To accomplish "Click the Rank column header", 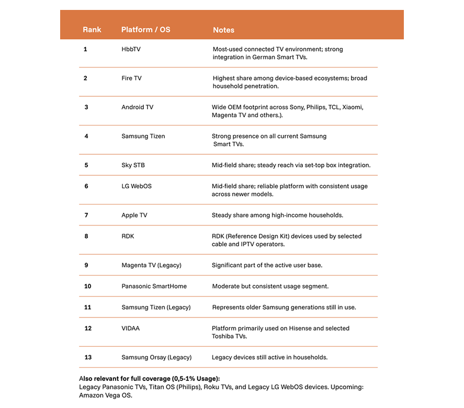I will coord(92,30).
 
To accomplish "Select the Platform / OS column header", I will coord(145,30).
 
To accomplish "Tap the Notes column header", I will coord(223,30).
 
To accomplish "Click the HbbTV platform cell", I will coord(131,49).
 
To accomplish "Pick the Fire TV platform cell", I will coord(131,78).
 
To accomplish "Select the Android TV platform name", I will coord(137,107).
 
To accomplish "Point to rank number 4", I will coord(86,136).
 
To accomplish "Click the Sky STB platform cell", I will coord(133,165).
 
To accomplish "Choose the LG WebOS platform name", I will coord(137,186).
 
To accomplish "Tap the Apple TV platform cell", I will coord(134,215).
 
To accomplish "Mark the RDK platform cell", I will coord(128,236).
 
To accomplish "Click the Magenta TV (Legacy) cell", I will coord(151,265).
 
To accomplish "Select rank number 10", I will coord(87,286).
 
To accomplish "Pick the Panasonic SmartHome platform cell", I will coord(154,286).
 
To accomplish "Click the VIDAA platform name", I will coord(130,328).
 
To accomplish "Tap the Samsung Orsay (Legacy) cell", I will coord(156,357).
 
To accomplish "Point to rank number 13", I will coord(87,357).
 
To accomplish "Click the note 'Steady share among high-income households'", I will coord(277,215).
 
